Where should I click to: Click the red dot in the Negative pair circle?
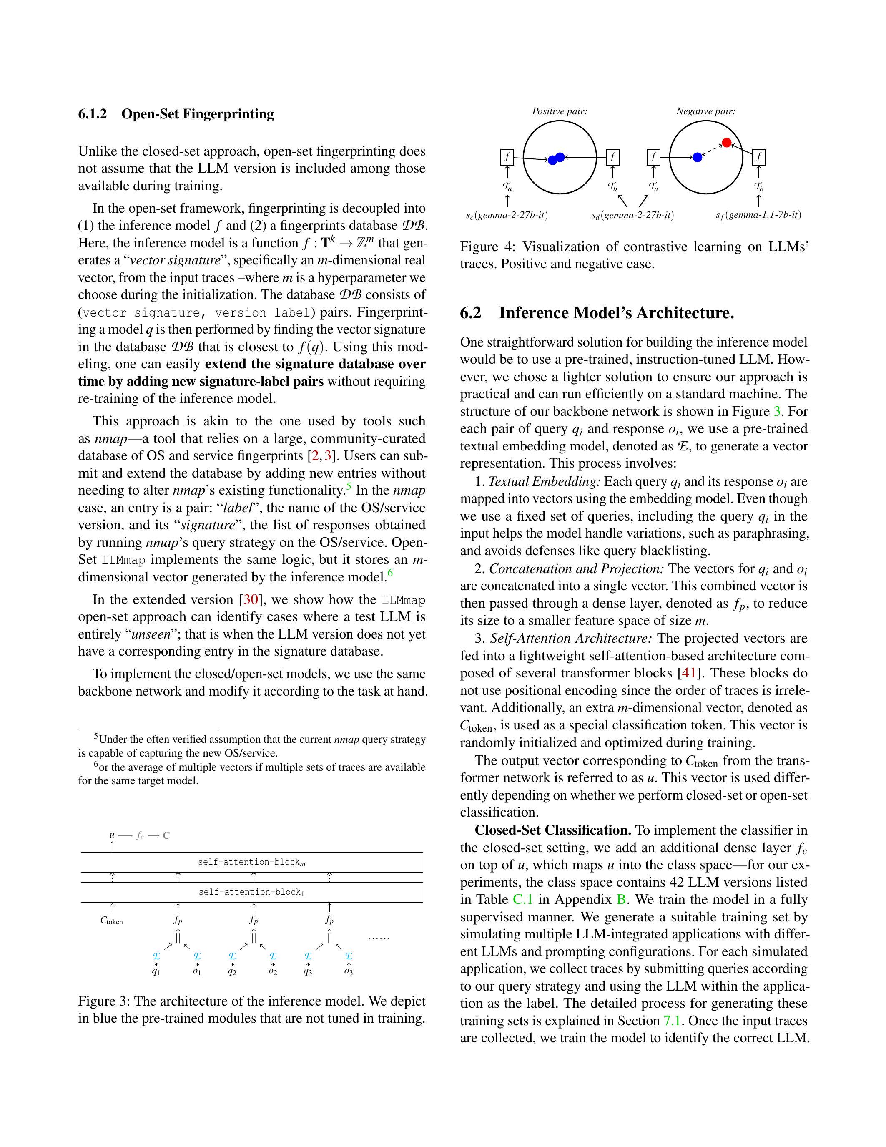726,142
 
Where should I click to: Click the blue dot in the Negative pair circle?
697,157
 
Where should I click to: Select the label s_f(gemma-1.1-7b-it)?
758,215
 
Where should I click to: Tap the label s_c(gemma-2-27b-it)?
507,215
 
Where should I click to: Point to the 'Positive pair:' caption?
560,111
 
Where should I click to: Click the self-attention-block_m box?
251,862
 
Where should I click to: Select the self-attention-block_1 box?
251,892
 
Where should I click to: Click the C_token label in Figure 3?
111,921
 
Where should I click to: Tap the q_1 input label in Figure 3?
156,971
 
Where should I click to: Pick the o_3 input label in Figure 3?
349,971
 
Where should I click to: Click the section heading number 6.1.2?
93,114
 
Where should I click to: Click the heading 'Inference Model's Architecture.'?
616,313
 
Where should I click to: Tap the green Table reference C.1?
522,900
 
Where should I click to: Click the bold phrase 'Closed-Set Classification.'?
553,830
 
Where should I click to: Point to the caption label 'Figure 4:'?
487,247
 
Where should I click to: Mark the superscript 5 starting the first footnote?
96,736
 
